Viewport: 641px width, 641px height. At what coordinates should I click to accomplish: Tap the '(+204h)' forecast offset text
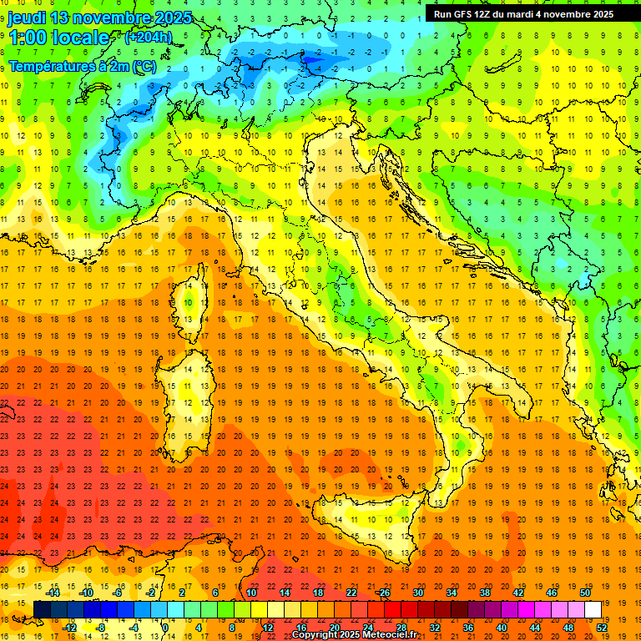pyautogui.click(x=148, y=37)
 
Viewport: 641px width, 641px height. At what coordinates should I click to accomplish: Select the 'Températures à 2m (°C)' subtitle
pyautogui.click(x=82, y=66)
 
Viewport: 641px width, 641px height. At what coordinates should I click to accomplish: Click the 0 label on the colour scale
pyautogui.click(x=165, y=627)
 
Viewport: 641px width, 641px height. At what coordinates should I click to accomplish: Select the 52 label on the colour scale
pyautogui.click(x=602, y=627)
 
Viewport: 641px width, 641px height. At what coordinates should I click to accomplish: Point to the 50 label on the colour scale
pyautogui.click(x=585, y=593)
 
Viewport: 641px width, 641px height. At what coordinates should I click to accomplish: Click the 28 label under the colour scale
pyautogui.click(x=401, y=627)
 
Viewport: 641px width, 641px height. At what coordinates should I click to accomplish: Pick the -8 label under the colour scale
pyautogui.click(x=100, y=627)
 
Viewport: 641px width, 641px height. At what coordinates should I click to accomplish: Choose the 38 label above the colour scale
pyautogui.click(x=484, y=593)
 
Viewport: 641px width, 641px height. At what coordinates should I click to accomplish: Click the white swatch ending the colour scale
pyautogui.click(x=593, y=609)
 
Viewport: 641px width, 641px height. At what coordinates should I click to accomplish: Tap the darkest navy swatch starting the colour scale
pyautogui.click(x=42, y=609)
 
